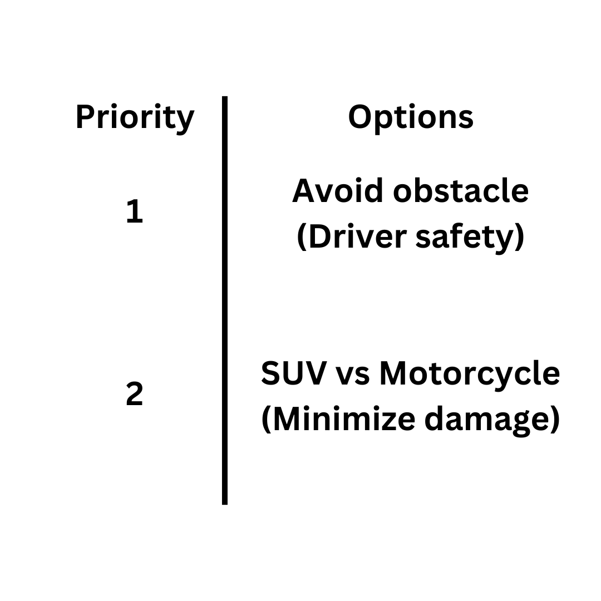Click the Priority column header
(x=135, y=118)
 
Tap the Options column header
(x=411, y=117)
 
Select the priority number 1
(x=135, y=212)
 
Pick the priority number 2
(x=135, y=395)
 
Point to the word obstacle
(x=461, y=191)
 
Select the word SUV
(x=293, y=373)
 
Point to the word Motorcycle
(x=469, y=374)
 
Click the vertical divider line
(x=225, y=300)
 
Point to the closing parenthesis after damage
(x=554, y=420)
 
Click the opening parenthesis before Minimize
(x=266, y=420)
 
